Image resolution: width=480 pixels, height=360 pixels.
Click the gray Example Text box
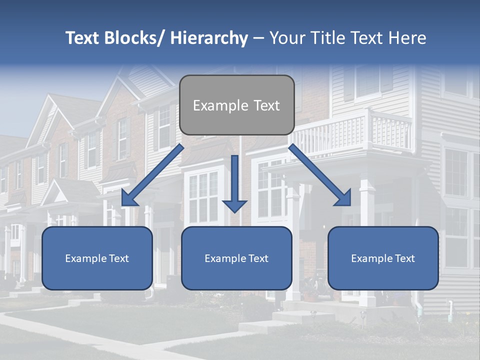[x=236, y=105]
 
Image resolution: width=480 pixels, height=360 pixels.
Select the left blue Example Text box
[x=97, y=258]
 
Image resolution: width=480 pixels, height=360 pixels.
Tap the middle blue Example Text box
[x=236, y=258]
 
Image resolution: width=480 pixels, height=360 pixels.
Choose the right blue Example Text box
[x=383, y=258]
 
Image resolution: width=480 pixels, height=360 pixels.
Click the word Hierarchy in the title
[x=209, y=38]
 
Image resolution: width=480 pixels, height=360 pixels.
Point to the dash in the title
[x=258, y=38]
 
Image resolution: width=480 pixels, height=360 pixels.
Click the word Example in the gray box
[x=213, y=105]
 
